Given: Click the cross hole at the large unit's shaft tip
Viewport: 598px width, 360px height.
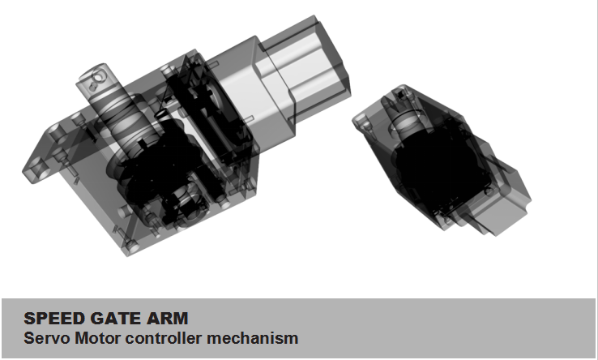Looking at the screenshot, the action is click(98, 78).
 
